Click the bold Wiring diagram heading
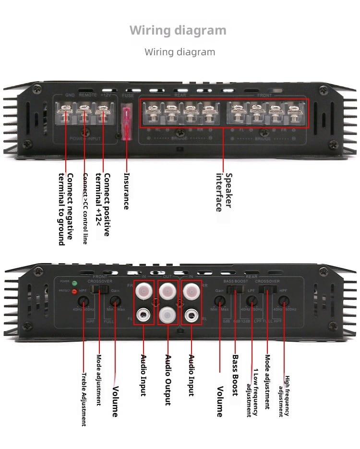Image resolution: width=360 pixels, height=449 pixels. click(x=178, y=31)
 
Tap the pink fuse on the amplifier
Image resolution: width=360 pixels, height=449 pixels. click(x=127, y=122)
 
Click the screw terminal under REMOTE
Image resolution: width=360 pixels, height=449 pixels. click(x=84, y=114)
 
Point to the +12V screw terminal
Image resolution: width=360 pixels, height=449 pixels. click(x=102, y=114)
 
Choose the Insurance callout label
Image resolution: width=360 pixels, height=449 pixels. click(x=126, y=191)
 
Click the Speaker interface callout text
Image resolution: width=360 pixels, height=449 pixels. click(x=224, y=192)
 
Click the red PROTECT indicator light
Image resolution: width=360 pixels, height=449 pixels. click(x=74, y=291)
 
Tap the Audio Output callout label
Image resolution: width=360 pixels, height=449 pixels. click(x=168, y=380)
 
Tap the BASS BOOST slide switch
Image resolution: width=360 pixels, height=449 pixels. click(x=236, y=289)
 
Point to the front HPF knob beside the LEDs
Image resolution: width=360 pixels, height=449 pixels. click(x=84, y=302)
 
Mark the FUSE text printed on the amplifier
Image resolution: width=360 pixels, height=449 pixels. click(x=128, y=96)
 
